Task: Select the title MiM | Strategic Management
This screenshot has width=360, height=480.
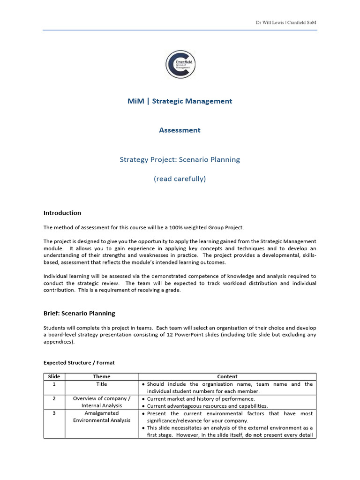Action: pyautogui.click(x=180, y=101)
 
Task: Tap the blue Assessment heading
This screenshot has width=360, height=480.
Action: pyautogui.click(x=180, y=130)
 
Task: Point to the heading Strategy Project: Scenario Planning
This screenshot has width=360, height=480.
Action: pyautogui.click(x=180, y=159)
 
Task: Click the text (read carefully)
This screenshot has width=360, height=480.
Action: pyautogui.click(x=180, y=179)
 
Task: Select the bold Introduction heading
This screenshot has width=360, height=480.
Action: pyautogui.click(x=62, y=213)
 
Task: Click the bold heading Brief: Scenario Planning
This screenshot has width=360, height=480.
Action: pyautogui.click(x=79, y=313)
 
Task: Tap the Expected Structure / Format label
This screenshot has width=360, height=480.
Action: pyautogui.click(x=79, y=362)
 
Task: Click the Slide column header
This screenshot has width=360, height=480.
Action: pyautogui.click(x=54, y=376)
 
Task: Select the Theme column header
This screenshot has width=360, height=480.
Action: pyautogui.click(x=102, y=376)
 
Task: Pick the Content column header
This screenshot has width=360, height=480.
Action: pyautogui.click(x=227, y=376)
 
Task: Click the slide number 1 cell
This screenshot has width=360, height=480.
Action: pyautogui.click(x=54, y=384)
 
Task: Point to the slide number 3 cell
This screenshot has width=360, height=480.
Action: pyautogui.click(x=54, y=413)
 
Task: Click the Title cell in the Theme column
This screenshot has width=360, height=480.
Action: pyautogui.click(x=102, y=384)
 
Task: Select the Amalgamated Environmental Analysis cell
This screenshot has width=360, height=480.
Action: pyautogui.click(x=102, y=417)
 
